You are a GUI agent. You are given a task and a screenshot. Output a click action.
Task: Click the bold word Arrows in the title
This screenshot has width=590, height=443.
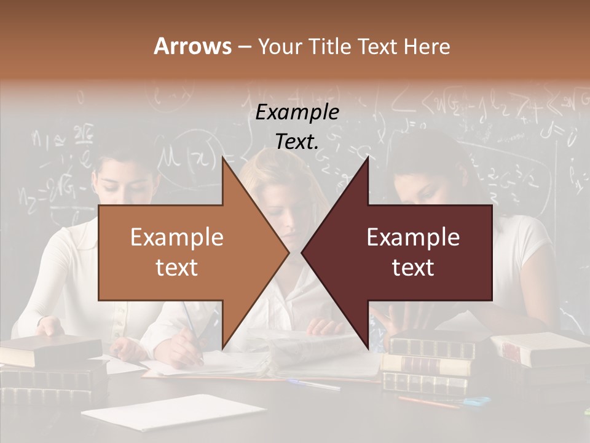coord(193,46)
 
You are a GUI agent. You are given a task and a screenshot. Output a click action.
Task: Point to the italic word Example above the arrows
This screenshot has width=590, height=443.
coord(297,113)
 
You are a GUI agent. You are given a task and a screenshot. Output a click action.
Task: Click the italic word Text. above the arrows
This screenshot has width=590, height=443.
coord(297,142)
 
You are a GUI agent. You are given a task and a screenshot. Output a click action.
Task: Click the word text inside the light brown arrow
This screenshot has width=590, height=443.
coord(176,268)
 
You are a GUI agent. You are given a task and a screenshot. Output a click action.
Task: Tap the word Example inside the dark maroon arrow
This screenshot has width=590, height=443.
coord(413,237)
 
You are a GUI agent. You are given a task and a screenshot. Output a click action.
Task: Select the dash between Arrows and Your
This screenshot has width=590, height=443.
coord(244,47)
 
